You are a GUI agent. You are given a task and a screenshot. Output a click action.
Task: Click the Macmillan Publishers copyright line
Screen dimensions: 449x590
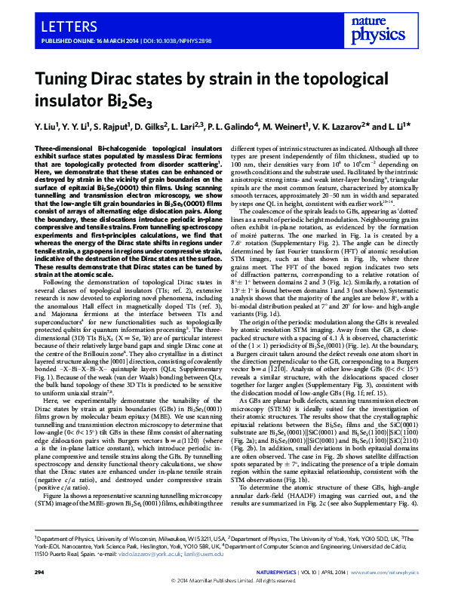224,582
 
